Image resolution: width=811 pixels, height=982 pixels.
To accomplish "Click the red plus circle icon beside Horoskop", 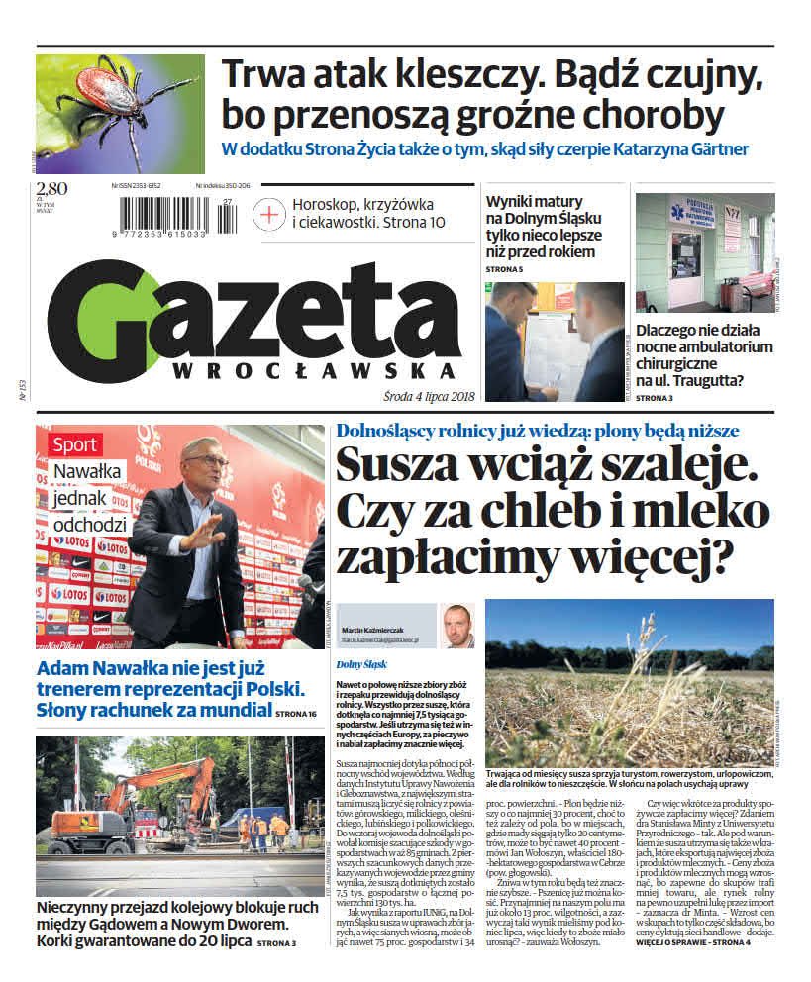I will (269, 213).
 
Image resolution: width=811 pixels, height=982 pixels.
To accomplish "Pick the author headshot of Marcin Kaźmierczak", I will (457, 626).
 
